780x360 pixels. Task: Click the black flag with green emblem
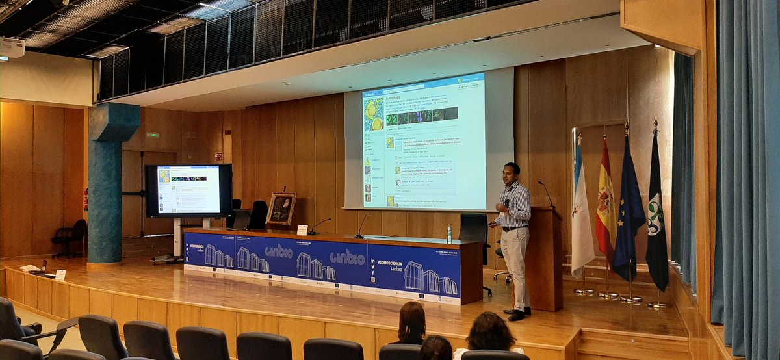tap(656, 214)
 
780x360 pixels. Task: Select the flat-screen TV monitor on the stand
tap(188, 190)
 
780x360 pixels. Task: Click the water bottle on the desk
tap(448, 235)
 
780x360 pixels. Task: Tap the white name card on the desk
tap(302, 229)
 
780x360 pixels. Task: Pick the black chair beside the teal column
tap(70, 236)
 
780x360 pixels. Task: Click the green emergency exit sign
tap(152, 135)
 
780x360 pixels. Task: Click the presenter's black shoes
tap(517, 315)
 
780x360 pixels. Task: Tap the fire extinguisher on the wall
tap(85, 200)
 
